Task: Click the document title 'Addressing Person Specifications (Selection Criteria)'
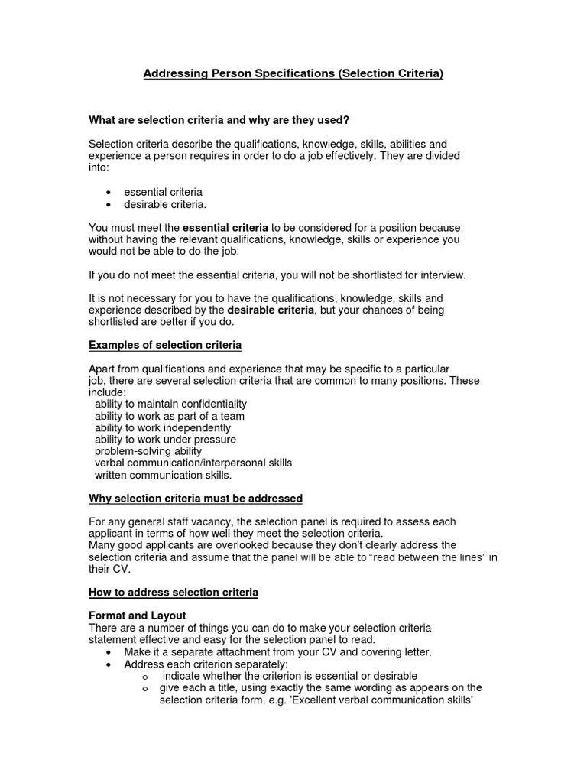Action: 293,74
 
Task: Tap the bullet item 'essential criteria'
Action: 163,192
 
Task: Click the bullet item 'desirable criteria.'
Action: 165,204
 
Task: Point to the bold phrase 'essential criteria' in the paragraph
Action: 225,228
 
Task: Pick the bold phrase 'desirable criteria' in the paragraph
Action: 271,310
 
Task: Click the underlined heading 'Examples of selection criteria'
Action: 165,345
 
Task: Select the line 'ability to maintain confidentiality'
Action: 170,404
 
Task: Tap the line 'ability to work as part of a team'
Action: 169,416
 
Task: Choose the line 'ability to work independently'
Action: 162,428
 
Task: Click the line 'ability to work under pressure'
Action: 165,440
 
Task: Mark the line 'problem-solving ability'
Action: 148,451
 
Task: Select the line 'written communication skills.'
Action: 163,475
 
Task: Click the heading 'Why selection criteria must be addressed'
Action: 196,499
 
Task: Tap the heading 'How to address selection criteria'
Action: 174,593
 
